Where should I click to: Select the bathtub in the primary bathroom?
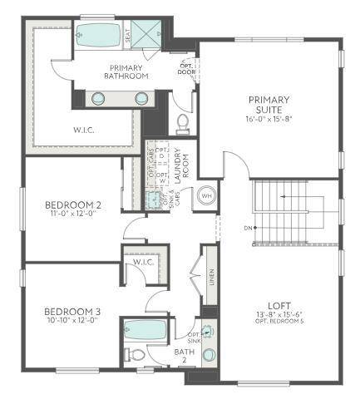98,35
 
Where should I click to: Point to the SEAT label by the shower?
128,35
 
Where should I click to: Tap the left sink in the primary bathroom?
98,98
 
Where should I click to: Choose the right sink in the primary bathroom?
142,98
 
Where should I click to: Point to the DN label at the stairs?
248,227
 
